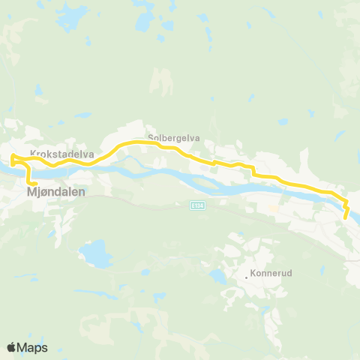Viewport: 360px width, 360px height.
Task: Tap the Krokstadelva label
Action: click(x=61, y=154)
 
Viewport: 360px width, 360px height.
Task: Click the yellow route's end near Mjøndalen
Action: click(x=34, y=183)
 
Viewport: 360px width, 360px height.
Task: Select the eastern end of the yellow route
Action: click(x=346, y=217)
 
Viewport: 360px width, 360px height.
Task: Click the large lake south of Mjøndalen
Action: click(x=97, y=253)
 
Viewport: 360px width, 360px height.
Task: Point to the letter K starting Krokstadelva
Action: click(x=33, y=154)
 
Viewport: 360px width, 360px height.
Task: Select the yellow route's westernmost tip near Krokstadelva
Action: click(x=10, y=158)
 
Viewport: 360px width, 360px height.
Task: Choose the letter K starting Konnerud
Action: click(x=253, y=275)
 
